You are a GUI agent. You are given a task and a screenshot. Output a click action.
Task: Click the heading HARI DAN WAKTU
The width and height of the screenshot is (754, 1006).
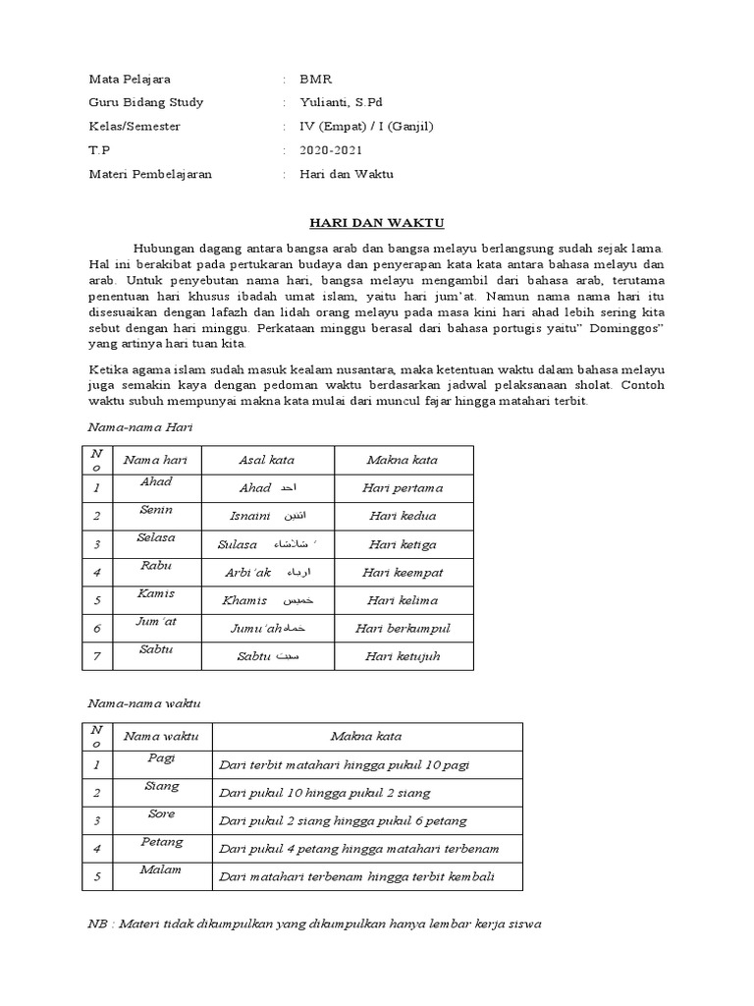pos(376,223)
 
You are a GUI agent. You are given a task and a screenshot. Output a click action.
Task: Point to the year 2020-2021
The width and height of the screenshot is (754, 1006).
pos(331,150)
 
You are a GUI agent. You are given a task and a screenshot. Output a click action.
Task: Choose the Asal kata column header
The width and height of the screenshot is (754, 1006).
pos(266,460)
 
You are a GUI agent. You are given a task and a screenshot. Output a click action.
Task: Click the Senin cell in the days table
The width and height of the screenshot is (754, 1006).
pos(156,511)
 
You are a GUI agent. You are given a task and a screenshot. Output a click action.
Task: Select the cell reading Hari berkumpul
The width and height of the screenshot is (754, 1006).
pos(405,629)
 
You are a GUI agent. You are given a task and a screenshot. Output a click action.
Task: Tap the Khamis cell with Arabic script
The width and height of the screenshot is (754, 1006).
pos(267,600)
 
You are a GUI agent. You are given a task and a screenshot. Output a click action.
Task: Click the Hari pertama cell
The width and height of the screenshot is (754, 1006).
pos(403,488)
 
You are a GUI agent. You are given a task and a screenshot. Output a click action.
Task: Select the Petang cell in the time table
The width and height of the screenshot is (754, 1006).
pos(161,842)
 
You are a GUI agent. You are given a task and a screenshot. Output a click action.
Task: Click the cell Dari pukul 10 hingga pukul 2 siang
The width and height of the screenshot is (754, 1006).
pos(325,793)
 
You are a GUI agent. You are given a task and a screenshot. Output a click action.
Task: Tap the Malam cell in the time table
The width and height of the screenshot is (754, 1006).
pos(161,869)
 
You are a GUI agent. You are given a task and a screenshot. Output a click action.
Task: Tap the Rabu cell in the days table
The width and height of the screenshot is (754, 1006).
pos(156,566)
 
